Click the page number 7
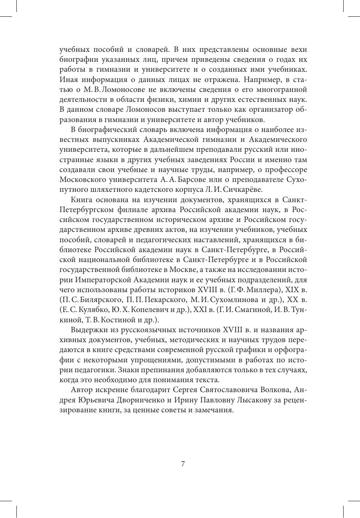183,464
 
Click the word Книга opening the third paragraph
81,199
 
